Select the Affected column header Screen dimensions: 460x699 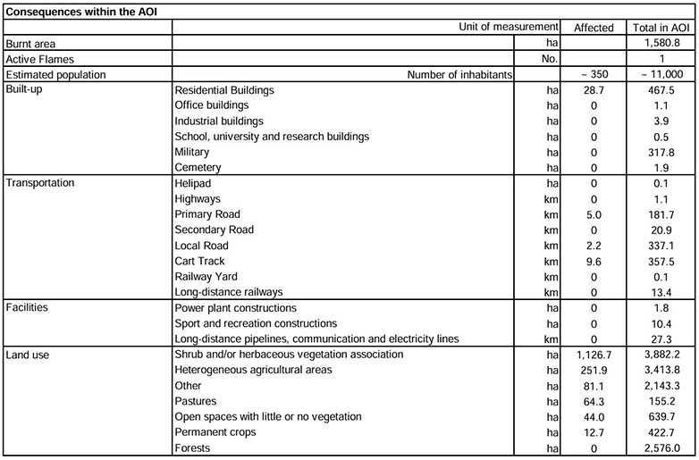point(594,28)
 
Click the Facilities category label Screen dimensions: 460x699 point(29,308)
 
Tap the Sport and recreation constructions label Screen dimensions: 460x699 point(256,322)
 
